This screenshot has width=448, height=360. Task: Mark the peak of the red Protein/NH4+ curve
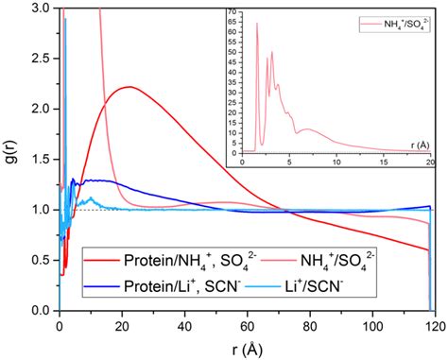click(129, 87)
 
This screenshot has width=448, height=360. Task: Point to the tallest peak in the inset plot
click(257, 24)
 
